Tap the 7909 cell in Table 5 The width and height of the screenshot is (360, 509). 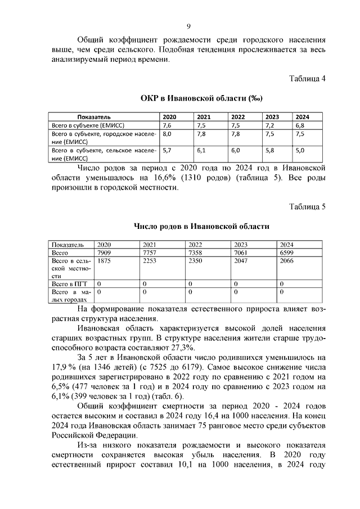(105, 253)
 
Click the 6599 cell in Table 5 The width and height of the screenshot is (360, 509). (287, 253)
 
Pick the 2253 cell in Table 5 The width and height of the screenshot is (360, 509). (151, 261)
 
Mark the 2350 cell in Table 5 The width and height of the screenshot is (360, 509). (196, 261)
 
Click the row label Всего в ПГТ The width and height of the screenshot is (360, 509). (66, 285)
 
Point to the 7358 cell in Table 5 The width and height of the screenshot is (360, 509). (196, 253)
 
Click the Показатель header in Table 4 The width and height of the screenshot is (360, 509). (93, 116)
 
